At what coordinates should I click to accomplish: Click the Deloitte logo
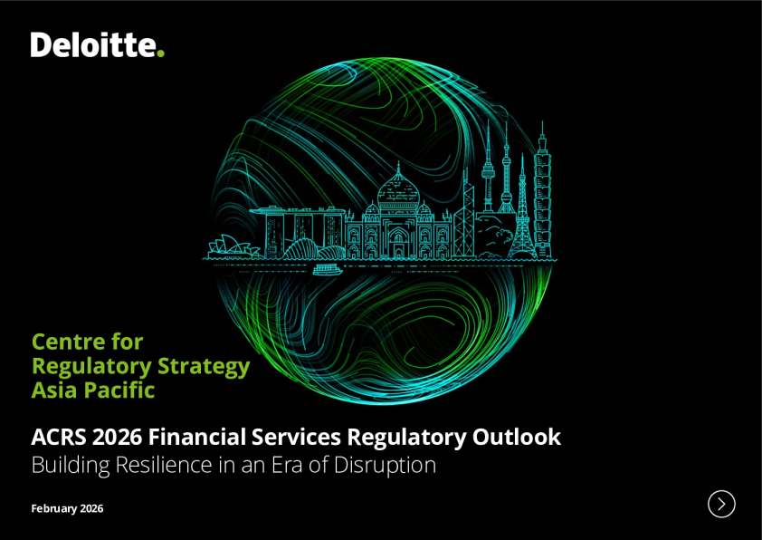(97, 44)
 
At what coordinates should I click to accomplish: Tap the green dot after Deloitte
(161, 53)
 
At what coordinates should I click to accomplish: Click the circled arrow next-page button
(721, 504)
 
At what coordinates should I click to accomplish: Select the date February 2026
(67, 508)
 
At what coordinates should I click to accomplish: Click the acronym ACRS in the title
(58, 437)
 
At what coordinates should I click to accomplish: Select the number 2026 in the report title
(117, 437)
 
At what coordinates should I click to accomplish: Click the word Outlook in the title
(517, 437)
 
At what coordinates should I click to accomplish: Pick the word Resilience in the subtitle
(164, 465)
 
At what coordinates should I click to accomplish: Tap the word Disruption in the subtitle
(385, 466)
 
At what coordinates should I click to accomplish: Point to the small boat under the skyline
(327, 269)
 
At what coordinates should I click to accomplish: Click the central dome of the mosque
(398, 188)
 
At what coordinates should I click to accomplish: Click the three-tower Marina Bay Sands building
(298, 232)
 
